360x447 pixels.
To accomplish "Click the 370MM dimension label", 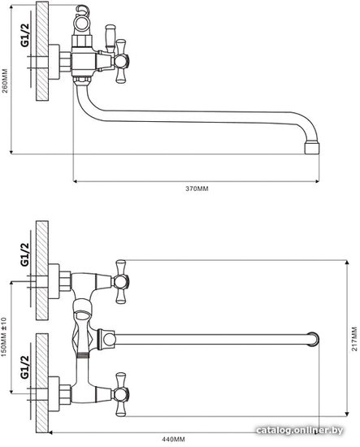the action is click(x=197, y=189).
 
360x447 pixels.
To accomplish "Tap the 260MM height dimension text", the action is click(x=5, y=80).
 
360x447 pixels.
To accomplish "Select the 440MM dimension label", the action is click(x=173, y=440).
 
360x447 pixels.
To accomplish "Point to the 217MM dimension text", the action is click(x=354, y=339).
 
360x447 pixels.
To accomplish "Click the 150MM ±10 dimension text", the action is click(x=4, y=339).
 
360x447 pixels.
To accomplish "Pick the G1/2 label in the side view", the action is click(x=25, y=35).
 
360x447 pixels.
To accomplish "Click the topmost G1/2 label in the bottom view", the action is click(x=25, y=254).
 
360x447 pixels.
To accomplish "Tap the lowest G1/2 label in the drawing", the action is click(x=25, y=367).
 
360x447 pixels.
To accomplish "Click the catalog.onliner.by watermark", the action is click(x=299, y=430).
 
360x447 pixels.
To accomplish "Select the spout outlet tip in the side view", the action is click(x=312, y=148).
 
